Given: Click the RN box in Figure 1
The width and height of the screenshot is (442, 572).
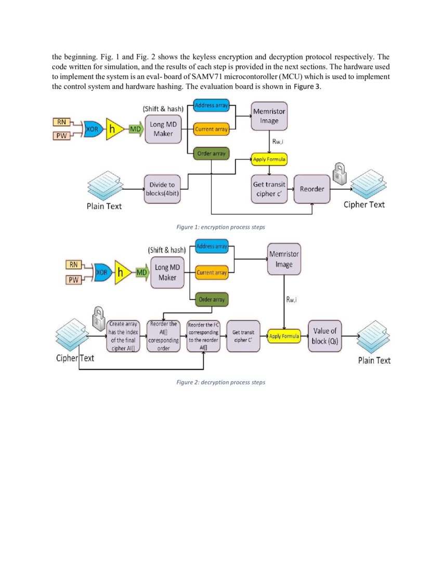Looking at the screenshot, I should tap(61, 122).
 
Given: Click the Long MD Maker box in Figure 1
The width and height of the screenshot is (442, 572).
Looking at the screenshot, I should tap(163, 129).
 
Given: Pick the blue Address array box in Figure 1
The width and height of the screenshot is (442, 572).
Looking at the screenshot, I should tap(211, 106).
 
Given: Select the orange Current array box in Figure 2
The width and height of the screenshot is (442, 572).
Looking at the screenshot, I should tap(212, 272).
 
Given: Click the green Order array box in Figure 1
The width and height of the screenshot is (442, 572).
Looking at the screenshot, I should tap(211, 153).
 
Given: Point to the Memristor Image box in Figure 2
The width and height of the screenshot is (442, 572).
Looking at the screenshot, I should tap(283, 259).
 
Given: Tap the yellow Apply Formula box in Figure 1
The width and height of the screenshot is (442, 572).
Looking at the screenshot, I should tap(269, 159).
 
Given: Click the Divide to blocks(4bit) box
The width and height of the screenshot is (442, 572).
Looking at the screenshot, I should tap(162, 189).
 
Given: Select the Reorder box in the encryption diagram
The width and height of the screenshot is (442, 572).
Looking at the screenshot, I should tap(312, 189).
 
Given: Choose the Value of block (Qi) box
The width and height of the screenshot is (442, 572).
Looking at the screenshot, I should tap(324, 336).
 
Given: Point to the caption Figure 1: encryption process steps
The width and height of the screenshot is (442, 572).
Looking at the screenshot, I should tap(221, 227).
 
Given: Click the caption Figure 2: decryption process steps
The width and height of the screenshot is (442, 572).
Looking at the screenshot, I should tap(221, 382).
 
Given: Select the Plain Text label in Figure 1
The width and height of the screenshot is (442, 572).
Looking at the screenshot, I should tap(104, 206).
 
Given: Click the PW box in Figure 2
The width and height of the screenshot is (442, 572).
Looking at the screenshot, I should tap(73, 280).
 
